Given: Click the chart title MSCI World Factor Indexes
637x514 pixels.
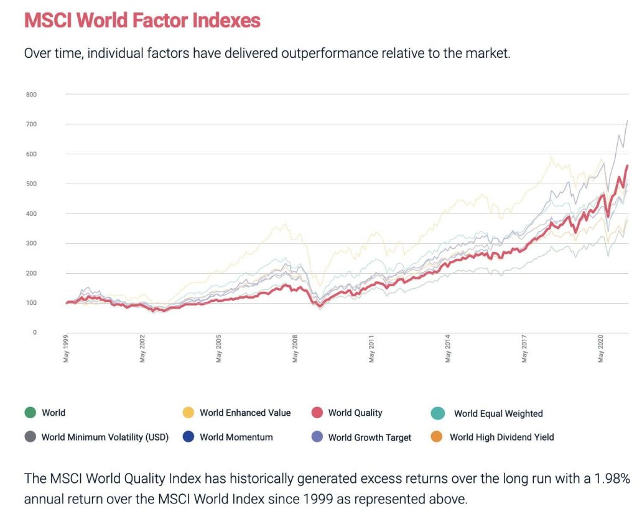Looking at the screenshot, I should point(142,21).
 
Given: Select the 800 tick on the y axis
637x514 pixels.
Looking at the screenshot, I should point(31,95).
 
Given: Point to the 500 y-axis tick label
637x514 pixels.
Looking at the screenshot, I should point(31,184).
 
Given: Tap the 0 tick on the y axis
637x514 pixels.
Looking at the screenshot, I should point(35,332).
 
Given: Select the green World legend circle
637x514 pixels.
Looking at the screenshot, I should point(30,413).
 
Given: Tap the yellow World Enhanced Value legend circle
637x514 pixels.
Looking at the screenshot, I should point(188,413).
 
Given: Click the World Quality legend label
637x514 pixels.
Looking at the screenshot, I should point(355,413).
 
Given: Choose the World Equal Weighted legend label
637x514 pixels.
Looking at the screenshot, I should point(498,413).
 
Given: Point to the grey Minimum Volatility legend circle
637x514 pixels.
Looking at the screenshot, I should point(30,437).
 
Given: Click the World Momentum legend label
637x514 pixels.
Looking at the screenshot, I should point(236,437).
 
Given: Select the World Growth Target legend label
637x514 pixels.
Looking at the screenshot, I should point(370,437).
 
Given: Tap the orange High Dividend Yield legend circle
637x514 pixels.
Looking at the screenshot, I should point(437,437).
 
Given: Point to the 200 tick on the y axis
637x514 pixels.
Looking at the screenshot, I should point(31,273).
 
